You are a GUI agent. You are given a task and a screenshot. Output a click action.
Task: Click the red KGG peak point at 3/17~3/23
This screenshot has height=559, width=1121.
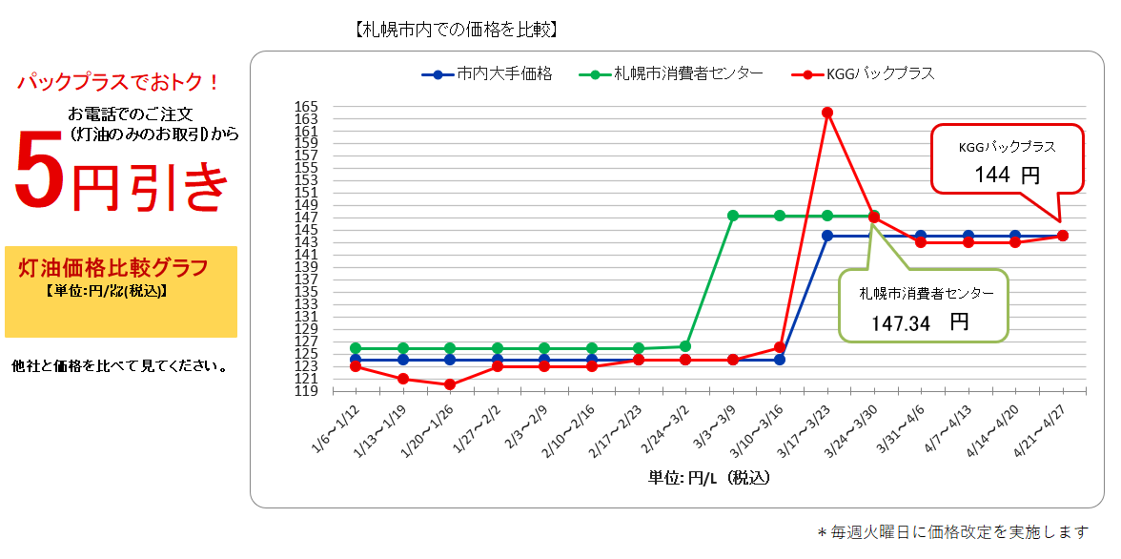(827, 113)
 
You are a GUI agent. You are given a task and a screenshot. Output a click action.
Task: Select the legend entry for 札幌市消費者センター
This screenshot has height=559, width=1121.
(676, 73)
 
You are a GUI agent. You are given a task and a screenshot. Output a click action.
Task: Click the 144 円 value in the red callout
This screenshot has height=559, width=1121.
(1007, 176)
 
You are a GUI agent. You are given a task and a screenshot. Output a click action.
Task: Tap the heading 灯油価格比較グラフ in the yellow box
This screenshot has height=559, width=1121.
(113, 267)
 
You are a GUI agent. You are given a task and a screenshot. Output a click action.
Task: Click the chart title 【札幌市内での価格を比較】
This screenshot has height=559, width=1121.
(456, 30)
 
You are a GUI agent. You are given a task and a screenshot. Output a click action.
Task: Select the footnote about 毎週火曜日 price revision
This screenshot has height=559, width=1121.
(952, 532)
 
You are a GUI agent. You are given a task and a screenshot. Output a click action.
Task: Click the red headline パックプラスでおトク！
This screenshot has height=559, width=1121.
(119, 82)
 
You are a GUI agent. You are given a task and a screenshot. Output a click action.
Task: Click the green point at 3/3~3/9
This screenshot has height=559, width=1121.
(733, 216)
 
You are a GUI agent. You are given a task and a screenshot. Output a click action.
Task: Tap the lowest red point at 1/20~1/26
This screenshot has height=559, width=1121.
(450, 384)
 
